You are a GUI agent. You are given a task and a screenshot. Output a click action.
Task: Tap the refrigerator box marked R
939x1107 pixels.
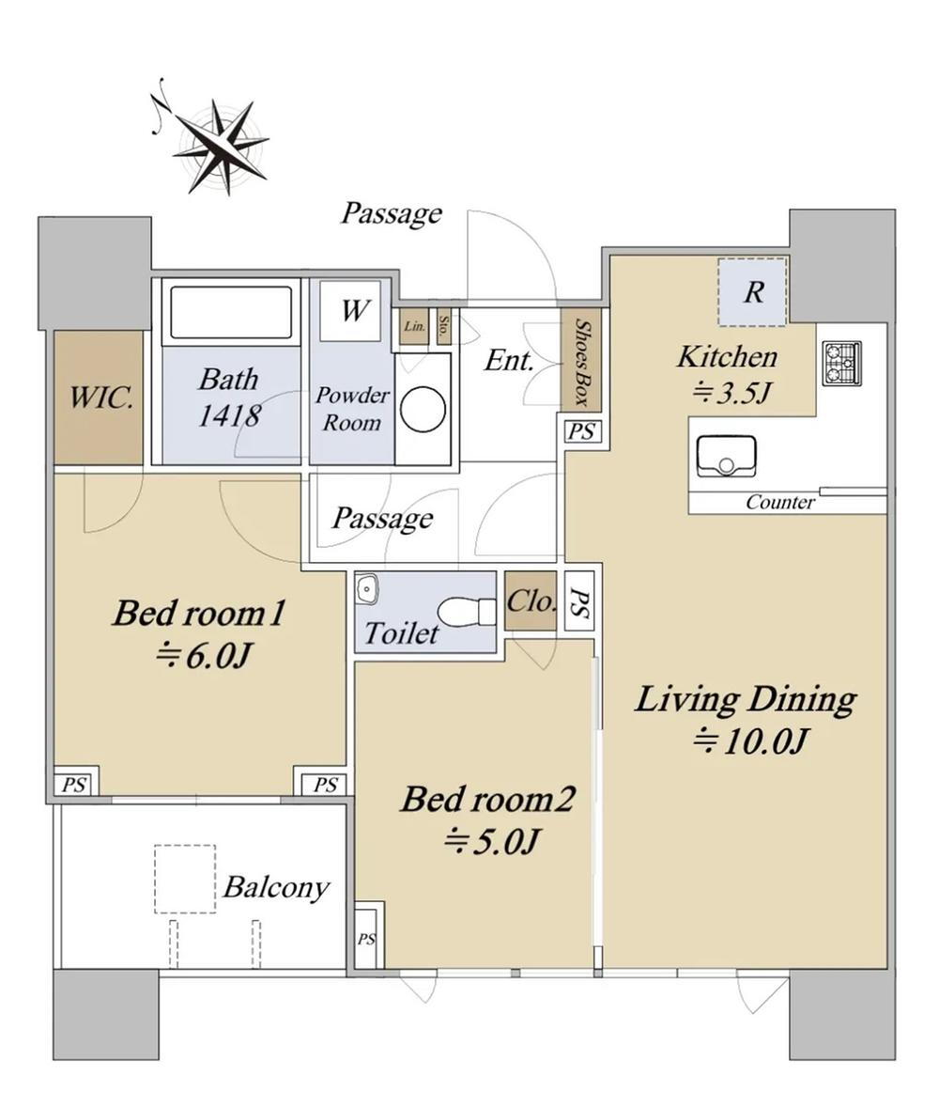tap(752, 292)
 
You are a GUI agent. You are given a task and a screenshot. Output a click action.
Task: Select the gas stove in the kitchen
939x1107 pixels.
tap(841, 364)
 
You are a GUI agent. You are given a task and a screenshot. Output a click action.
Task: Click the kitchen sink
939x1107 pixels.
tap(726, 457)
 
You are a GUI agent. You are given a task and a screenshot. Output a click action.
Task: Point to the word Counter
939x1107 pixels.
tap(779, 502)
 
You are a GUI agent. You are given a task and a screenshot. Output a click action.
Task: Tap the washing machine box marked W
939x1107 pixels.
tap(350, 311)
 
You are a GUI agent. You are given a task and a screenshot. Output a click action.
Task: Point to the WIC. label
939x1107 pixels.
tap(100, 398)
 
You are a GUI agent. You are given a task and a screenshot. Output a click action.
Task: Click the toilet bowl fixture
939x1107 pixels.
tap(467, 609)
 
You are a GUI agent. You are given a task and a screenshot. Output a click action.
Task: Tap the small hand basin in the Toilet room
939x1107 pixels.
tap(367, 588)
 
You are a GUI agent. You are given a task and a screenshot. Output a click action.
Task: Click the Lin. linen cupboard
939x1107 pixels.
tap(415, 327)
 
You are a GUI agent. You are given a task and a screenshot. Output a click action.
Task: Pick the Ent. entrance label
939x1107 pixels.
tap(509, 361)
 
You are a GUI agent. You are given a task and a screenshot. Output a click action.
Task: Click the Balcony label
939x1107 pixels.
tap(277, 887)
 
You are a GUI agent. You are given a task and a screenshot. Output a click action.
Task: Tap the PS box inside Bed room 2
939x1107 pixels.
tap(365, 938)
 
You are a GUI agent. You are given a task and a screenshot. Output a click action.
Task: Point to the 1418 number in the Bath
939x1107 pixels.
tap(228, 415)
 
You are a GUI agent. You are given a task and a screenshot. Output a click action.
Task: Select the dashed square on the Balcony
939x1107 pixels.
tap(185, 879)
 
